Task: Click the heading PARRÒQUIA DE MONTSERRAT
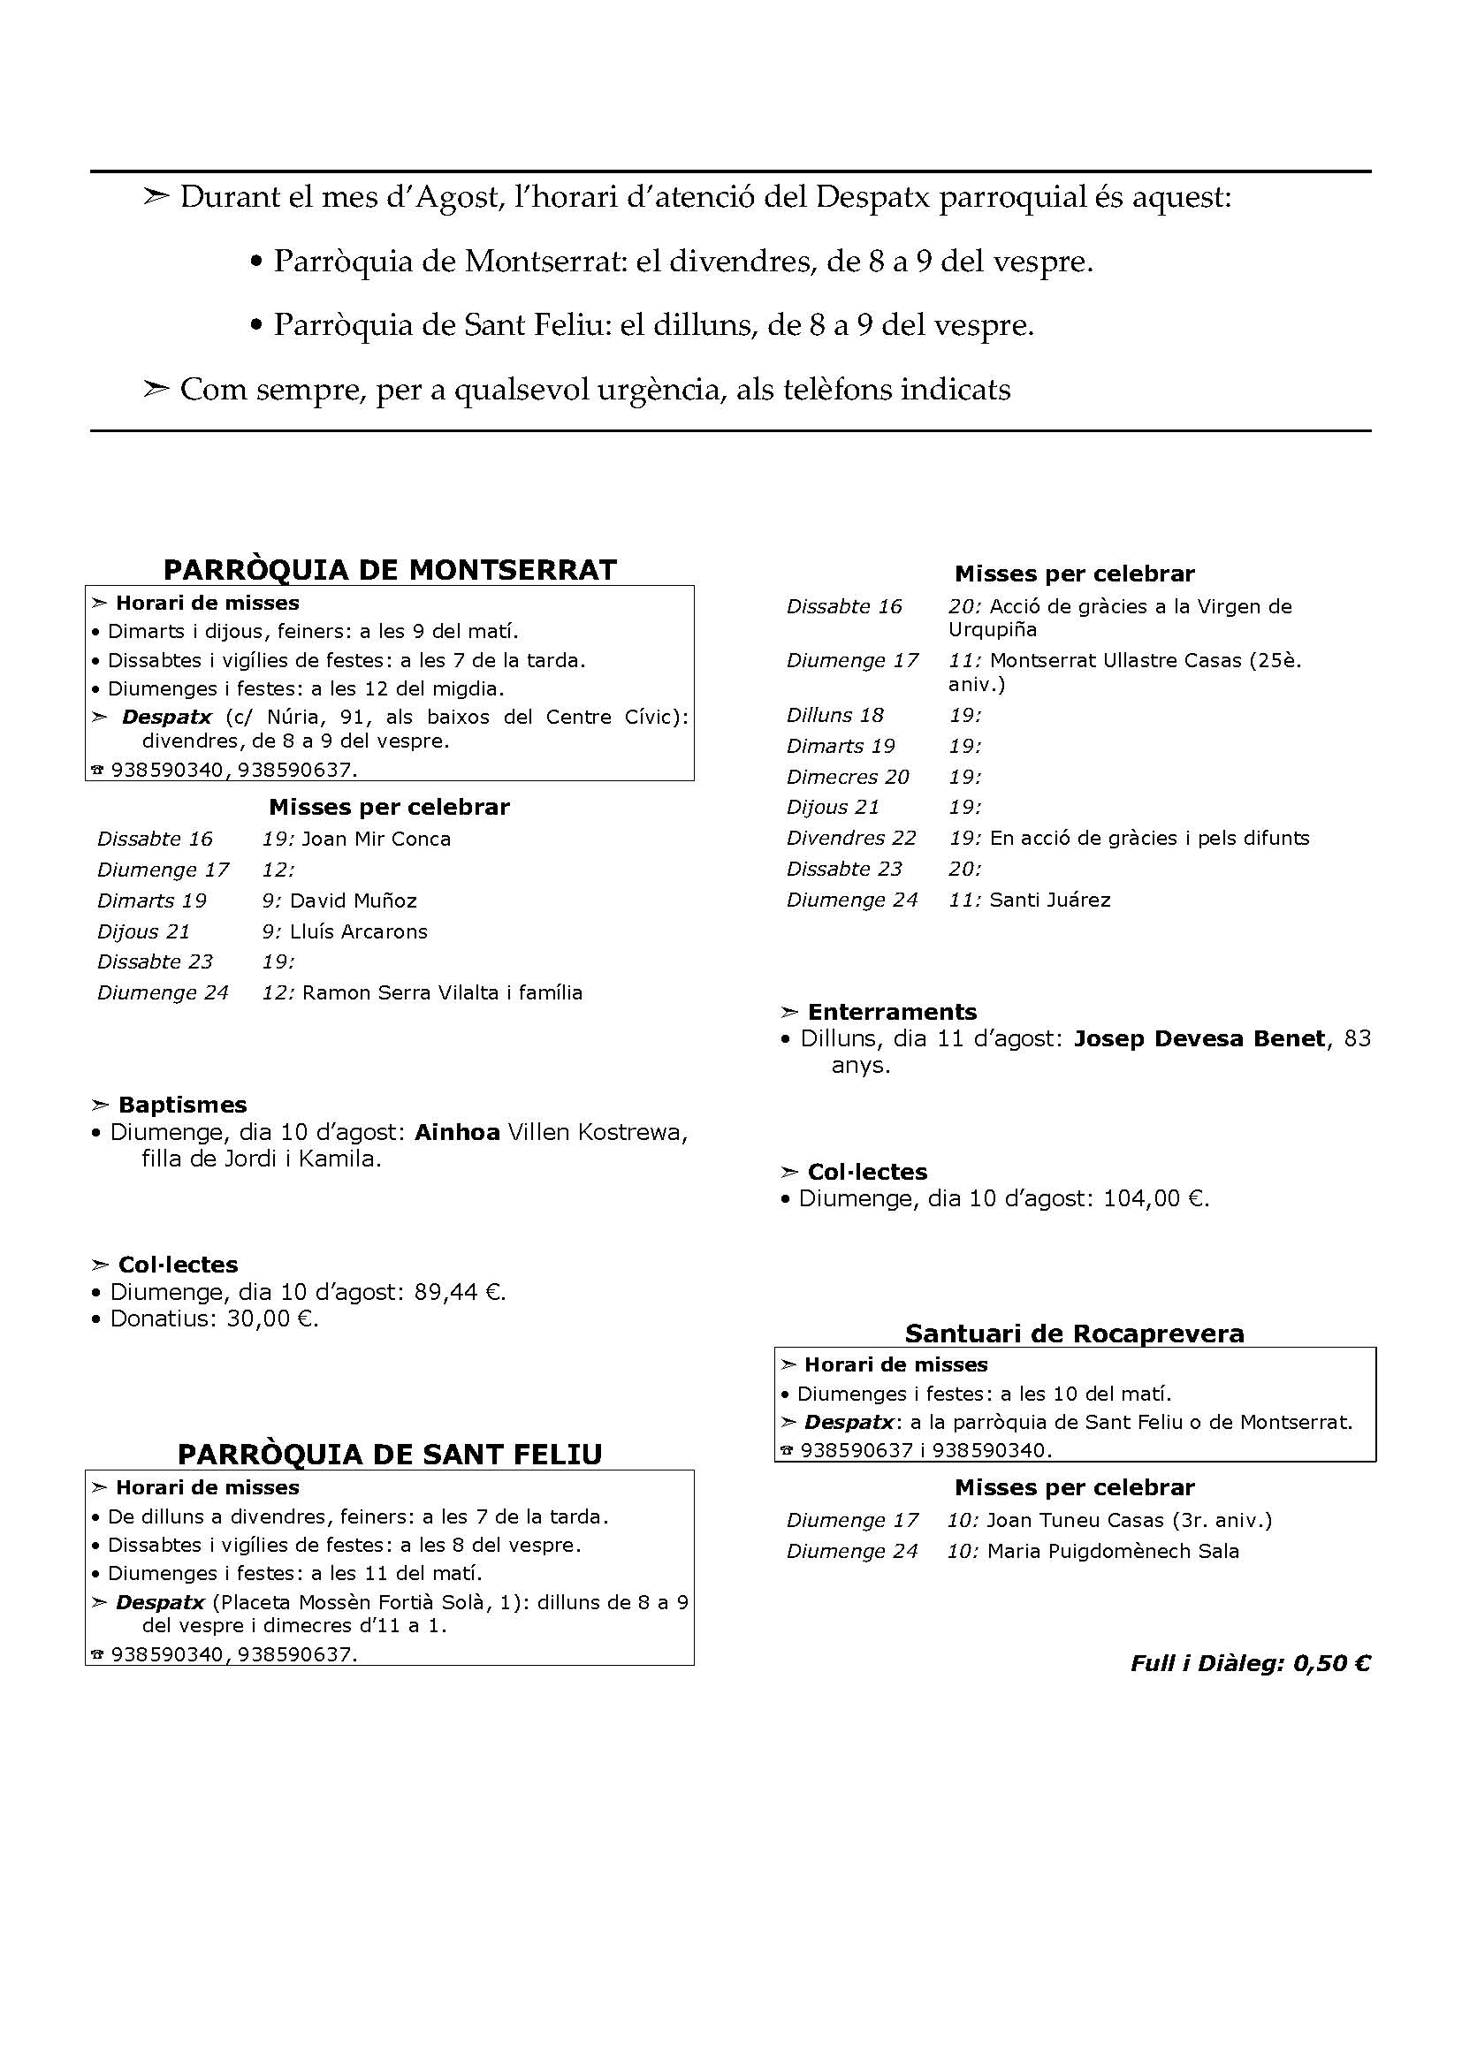[x=390, y=570]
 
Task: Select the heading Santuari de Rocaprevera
[x=1074, y=1334]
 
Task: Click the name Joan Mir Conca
[x=377, y=839]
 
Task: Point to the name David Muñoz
[x=353, y=901]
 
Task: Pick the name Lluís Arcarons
[x=358, y=931]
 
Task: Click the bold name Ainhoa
[x=456, y=1133]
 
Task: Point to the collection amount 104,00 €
[x=1156, y=1199]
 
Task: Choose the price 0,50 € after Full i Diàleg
[x=1331, y=1664]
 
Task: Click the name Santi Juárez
[x=1050, y=901]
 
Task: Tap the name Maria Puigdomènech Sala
[x=1113, y=1551]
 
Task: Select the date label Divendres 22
[x=850, y=838]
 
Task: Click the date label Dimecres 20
[x=847, y=777]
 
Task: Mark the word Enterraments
[x=891, y=1012]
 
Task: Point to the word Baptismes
[x=182, y=1105]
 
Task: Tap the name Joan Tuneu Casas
[x=1075, y=1521]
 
